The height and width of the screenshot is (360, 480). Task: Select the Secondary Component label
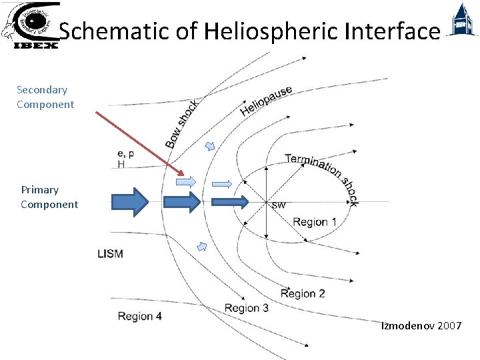coord(45,97)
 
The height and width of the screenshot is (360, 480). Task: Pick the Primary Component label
coord(49,197)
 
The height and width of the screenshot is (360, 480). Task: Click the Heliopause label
coord(266,100)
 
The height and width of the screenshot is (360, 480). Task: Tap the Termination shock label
coord(322,177)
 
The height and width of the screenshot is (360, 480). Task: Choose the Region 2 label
coord(303,293)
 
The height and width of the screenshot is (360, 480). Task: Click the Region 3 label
coord(247,308)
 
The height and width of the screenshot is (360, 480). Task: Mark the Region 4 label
coord(139,316)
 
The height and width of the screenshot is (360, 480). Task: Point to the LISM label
coord(111,253)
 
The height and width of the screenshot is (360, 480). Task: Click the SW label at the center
coord(279,205)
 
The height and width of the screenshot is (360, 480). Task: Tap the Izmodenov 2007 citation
coord(421,326)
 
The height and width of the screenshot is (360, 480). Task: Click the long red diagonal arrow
coord(139,144)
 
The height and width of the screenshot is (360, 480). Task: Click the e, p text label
coord(125,153)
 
